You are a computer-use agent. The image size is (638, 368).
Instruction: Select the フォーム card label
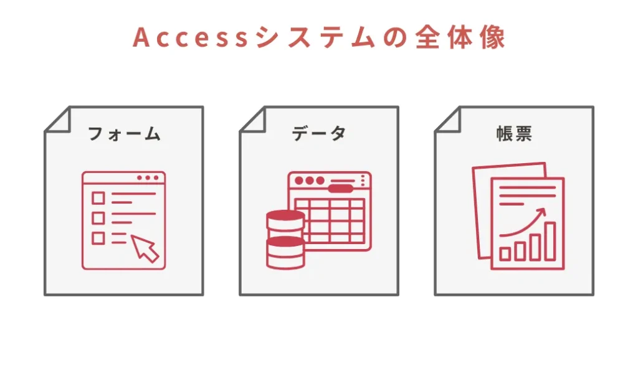click(x=124, y=134)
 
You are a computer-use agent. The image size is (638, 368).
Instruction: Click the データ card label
click(x=319, y=134)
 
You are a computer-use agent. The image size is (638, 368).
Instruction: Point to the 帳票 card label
click(x=514, y=134)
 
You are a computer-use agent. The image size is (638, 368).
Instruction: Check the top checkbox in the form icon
click(x=98, y=198)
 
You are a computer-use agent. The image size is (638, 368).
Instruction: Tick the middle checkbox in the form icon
click(x=98, y=218)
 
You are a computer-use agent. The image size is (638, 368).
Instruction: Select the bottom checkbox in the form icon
click(x=98, y=238)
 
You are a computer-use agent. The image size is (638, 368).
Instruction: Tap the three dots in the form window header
click(x=148, y=178)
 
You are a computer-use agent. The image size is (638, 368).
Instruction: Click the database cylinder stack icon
click(x=285, y=240)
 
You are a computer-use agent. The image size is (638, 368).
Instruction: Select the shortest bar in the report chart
click(x=505, y=253)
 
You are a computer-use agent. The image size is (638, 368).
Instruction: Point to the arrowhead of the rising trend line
click(x=541, y=213)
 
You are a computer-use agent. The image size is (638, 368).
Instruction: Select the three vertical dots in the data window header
click(x=363, y=181)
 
